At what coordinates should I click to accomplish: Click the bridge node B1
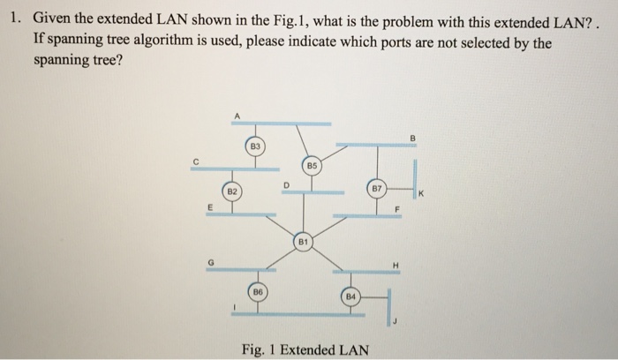[302, 241]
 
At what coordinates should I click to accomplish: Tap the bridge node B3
[254, 144]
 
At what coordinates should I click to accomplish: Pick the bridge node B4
[350, 296]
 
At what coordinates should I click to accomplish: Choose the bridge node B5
[313, 165]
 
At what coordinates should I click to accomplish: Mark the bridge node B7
[376, 189]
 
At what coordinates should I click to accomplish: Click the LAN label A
[237, 115]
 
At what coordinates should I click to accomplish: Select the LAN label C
[197, 160]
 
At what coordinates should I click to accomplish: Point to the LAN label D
[285, 184]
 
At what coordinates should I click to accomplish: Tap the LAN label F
[396, 209]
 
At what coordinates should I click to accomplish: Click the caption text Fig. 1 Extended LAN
[305, 349]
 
